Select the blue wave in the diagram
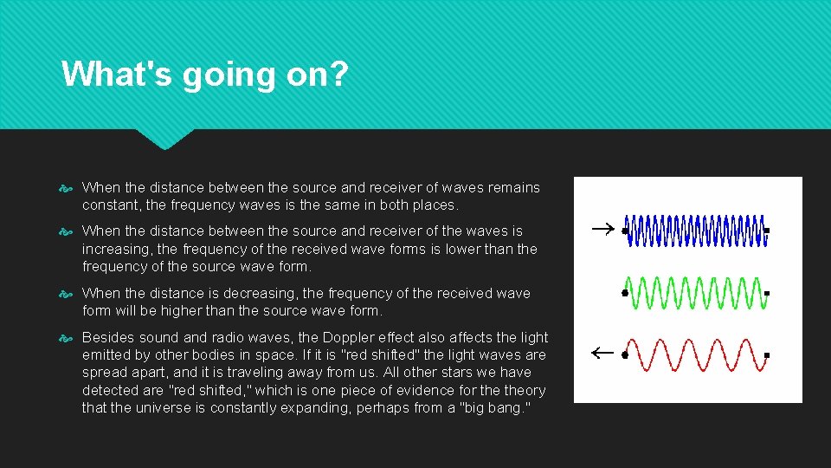coord(695,231)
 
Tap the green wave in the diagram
coord(695,293)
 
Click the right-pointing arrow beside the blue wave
coord(602,230)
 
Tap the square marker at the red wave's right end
coord(767,355)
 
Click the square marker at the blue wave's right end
coord(767,231)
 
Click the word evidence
coord(429,390)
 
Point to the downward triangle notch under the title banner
coord(164,139)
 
